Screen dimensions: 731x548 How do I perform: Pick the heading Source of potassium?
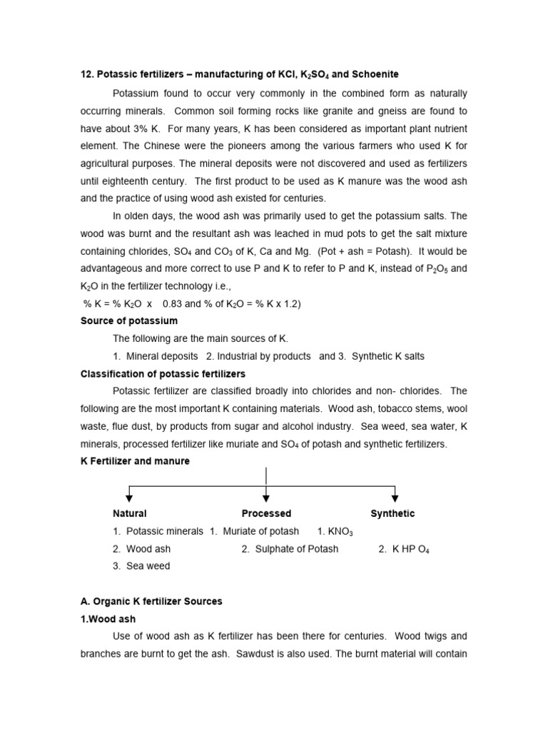tap(129, 321)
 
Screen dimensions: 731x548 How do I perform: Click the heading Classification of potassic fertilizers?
tap(163, 373)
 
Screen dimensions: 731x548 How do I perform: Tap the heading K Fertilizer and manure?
tap(135, 461)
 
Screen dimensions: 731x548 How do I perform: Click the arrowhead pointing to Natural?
tap(128, 498)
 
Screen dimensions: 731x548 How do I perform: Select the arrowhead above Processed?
tap(266, 498)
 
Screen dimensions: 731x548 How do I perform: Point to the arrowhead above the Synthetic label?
tap(395, 498)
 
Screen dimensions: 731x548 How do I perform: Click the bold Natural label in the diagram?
tap(130, 513)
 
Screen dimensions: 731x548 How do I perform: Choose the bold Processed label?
tap(266, 513)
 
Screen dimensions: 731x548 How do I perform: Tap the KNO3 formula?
tap(335, 532)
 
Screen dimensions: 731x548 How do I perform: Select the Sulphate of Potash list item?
tap(290, 549)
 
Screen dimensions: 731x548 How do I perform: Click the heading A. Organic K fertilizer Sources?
tap(151, 602)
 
